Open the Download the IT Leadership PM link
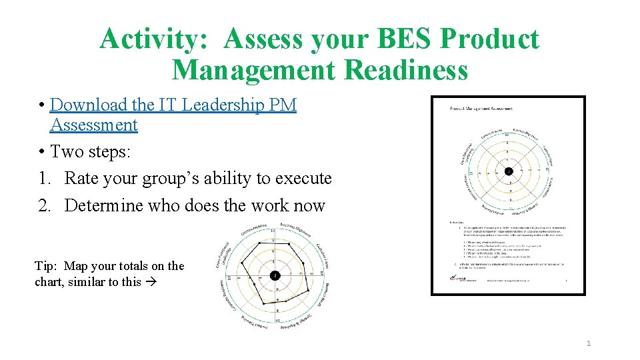tap(173, 105)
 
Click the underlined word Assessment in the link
tap(93, 125)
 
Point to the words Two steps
tap(91, 151)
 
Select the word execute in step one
tap(303, 179)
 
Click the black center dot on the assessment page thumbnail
tap(508, 171)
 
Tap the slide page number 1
tap(588, 343)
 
